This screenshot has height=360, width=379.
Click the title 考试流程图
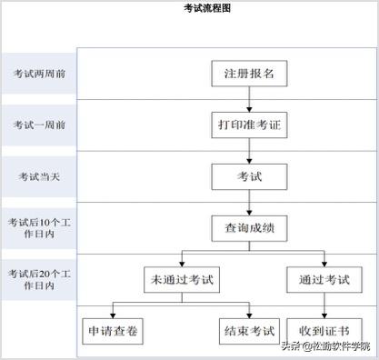pos(207,8)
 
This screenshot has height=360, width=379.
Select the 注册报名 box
pos(249,73)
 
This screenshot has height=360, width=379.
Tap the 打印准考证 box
pos(249,124)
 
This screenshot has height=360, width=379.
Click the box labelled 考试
pos(249,175)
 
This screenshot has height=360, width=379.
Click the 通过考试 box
pos(324,278)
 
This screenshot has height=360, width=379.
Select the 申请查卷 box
pos(114,330)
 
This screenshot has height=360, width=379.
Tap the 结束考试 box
pos(247,330)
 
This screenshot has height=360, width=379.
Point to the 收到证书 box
pos(324,330)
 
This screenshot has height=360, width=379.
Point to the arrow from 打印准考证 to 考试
pos(249,149)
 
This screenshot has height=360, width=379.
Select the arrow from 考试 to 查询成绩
pos(249,200)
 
